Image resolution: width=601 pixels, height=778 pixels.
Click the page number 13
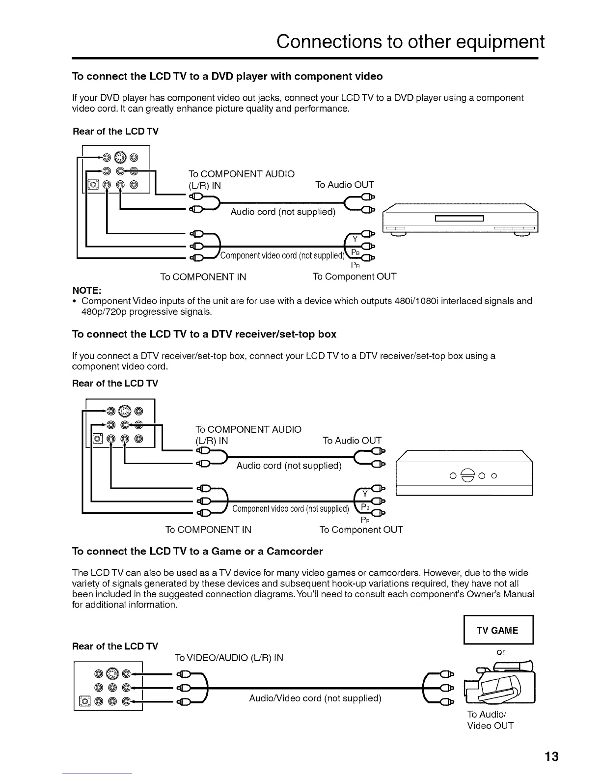(x=551, y=756)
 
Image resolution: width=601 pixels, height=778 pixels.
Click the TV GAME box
(x=498, y=631)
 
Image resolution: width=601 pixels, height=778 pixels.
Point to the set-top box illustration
(x=464, y=473)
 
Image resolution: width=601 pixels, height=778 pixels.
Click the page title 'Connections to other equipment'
(x=410, y=42)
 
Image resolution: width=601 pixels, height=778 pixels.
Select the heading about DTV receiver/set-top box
(x=204, y=334)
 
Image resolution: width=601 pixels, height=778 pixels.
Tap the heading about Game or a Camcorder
(x=197, y=551)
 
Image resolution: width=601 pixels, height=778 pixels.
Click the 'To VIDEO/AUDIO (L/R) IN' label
(x=229, y=658)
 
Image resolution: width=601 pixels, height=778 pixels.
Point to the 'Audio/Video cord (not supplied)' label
(x=315, y=698)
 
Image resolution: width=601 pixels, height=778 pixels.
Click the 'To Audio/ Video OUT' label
(x=490, y=720)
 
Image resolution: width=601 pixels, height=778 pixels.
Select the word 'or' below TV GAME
(x=500, y=652)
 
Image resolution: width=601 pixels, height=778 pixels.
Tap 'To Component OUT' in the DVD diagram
(x=354, y=277)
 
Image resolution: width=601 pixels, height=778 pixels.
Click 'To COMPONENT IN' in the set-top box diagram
(x=208, y=529)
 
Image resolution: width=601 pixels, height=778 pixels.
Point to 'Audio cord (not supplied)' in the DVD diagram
(x=283, y=212)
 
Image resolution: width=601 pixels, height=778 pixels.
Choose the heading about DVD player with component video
(x=227, y=77)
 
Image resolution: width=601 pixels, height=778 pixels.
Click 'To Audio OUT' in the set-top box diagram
(x=352, y=441)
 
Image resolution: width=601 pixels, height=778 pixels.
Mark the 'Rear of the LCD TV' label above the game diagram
(x=115, y=646)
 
